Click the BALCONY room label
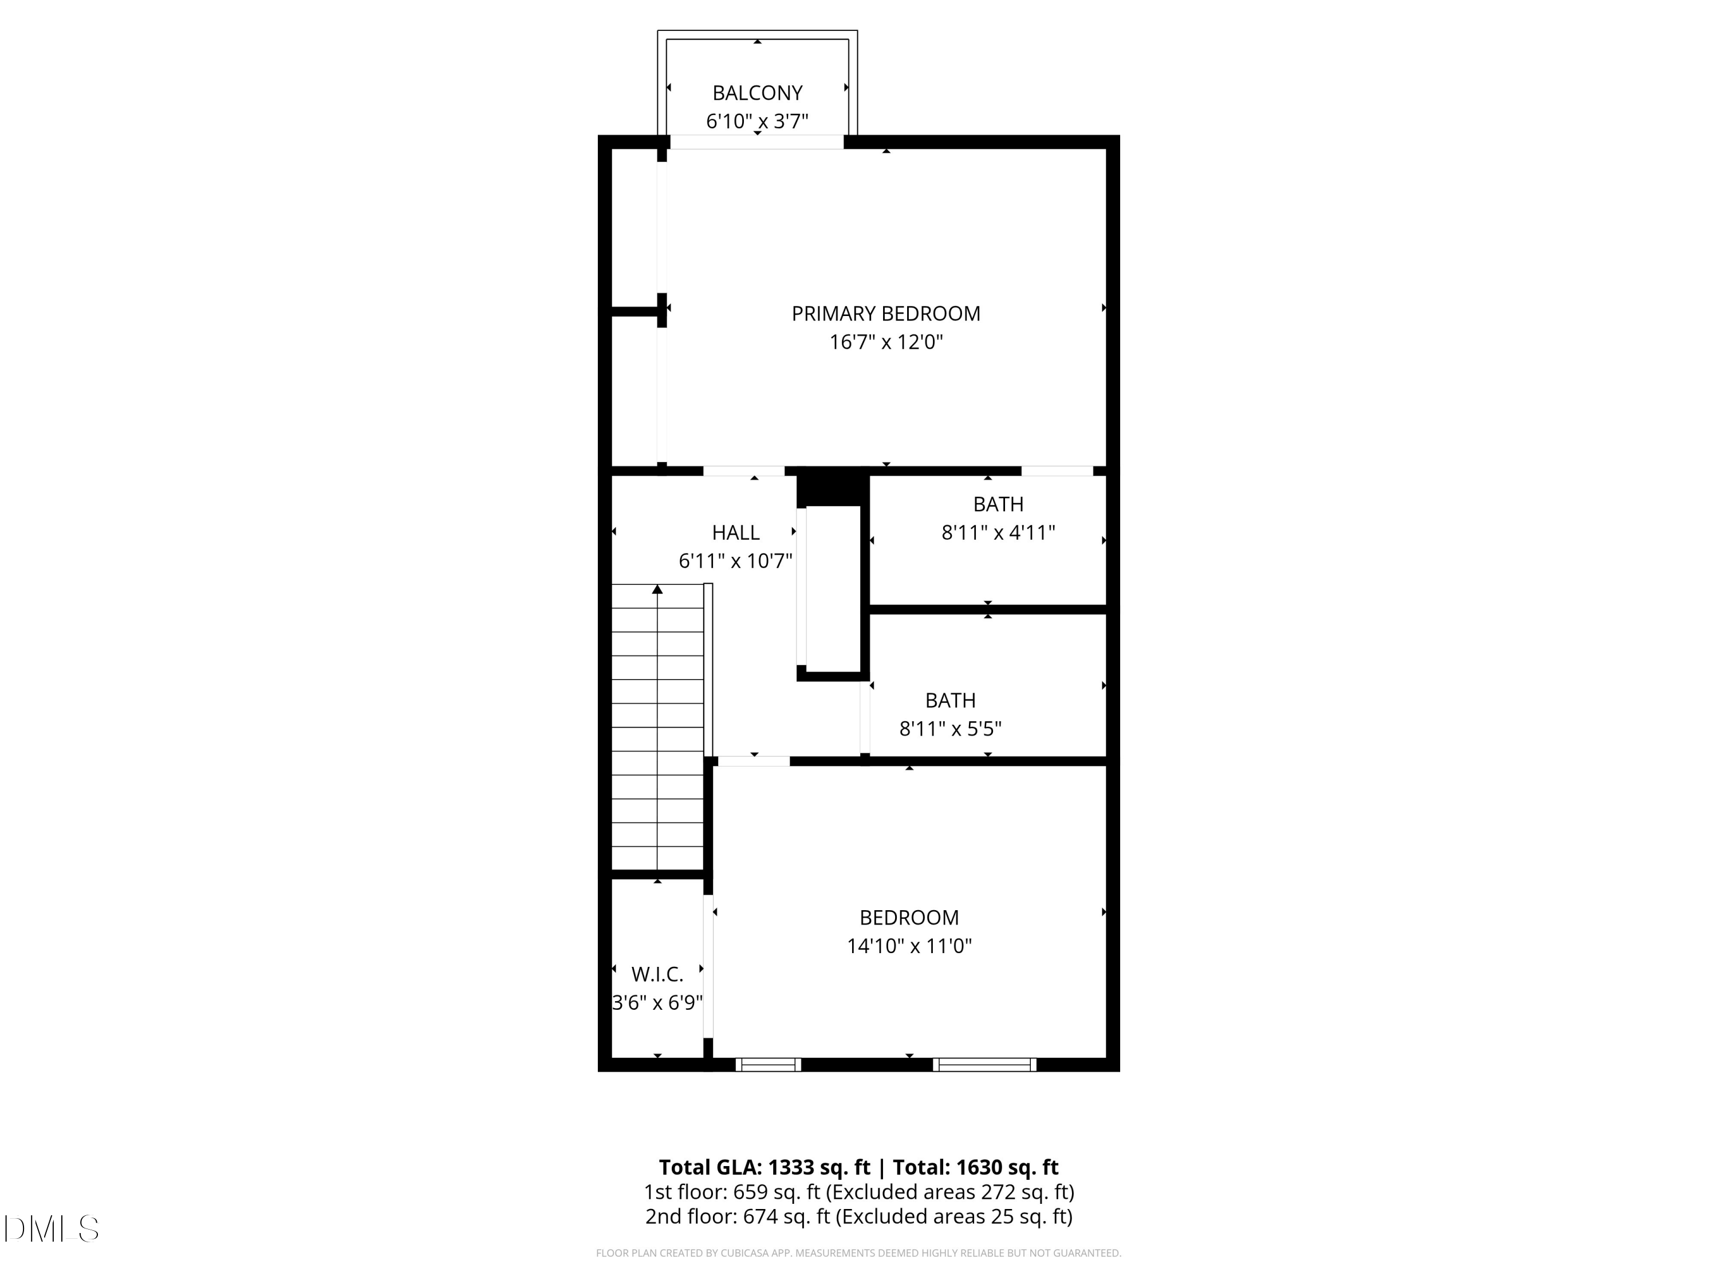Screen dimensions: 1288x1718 pyautogui.click(x=756, y=93)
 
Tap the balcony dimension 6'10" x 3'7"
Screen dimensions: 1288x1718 pyautogui.click(x=756, y=122)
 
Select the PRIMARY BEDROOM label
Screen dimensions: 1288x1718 pyautogui.click(x=885, y=314)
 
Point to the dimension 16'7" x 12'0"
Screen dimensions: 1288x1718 pyautogui.click(x=885, y=342)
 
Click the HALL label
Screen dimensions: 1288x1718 pyautogui.click(x=735, y=532)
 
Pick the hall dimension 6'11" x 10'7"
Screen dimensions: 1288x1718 pyautogui.click(x=735, y=560)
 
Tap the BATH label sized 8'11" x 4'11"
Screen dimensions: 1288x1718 pyautogui.click(x=998, y=505)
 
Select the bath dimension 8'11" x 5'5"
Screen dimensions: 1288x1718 pyautogui.click(x=950, y=729)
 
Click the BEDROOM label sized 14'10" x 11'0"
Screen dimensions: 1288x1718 pyautogui.click(x=909, y=918)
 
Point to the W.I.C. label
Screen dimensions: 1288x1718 pyautogui.click(x=657, y=974)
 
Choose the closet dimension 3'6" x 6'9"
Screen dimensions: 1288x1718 pyautogui.click(x=657, y=1003)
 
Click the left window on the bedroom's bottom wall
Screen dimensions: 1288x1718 pyautogui.click(x=767, y=1065)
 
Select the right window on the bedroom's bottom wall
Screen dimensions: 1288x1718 pyautogui.click(x=984, y=1065)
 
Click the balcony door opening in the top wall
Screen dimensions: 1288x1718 pyautogui.click(x=756, y=142)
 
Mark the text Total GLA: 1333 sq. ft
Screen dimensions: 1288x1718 pyautogui.click(x=765, y=1168)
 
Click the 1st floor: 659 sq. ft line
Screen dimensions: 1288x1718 pyautogui.click(x=858, y=1192)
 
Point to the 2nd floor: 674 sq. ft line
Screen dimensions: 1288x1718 pyautogui.click(x=858, y=1216)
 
